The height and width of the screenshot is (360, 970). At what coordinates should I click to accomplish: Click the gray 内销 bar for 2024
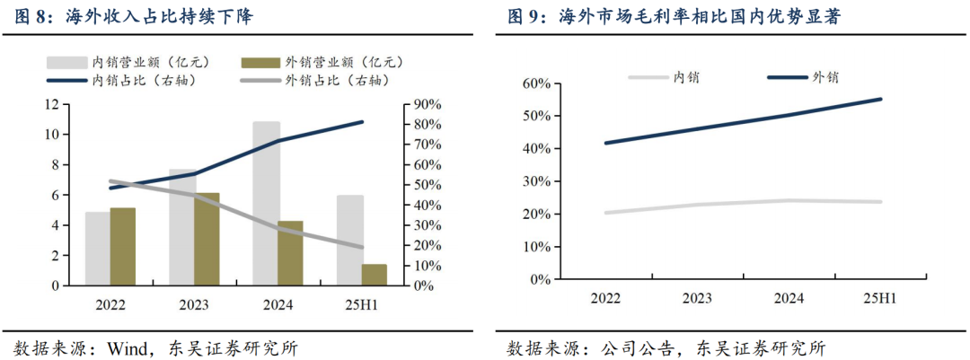266,203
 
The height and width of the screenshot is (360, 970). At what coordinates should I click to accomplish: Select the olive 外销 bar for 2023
207,239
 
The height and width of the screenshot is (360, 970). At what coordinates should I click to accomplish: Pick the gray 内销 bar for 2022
98,249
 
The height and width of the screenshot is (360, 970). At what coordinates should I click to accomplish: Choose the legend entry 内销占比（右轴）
144,81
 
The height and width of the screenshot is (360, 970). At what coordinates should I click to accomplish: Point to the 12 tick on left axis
53,104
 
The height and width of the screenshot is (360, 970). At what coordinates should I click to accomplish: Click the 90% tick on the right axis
426,104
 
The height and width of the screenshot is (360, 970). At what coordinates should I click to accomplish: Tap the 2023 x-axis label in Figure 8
194,305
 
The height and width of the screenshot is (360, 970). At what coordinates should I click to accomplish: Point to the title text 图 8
32,16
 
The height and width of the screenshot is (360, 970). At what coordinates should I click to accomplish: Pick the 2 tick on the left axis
56,256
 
